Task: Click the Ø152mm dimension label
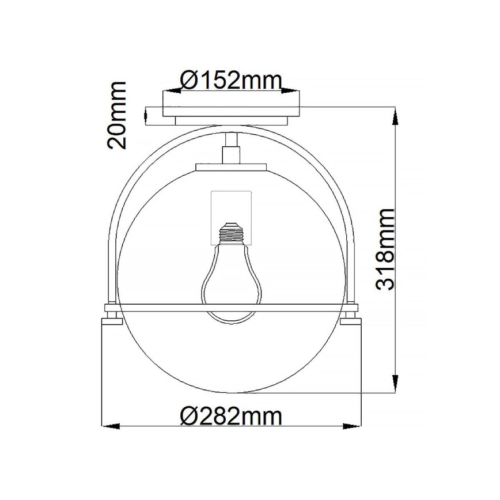[x=230, y=80]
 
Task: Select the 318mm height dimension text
[x=384, y=249]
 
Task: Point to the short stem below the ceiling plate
[x=232, y=149]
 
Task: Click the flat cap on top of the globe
[x=232, y=167]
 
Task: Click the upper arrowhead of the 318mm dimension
[x=395, y=118]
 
